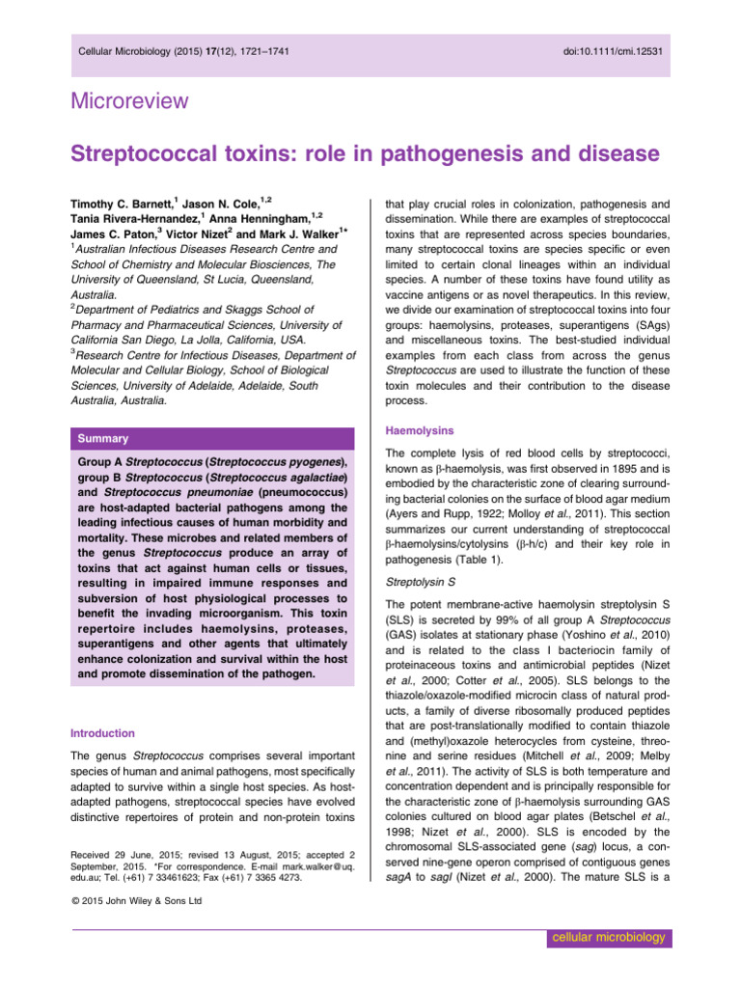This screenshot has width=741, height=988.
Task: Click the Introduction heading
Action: coord(108,733)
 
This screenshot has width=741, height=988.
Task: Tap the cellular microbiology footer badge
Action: coord(605,938)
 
